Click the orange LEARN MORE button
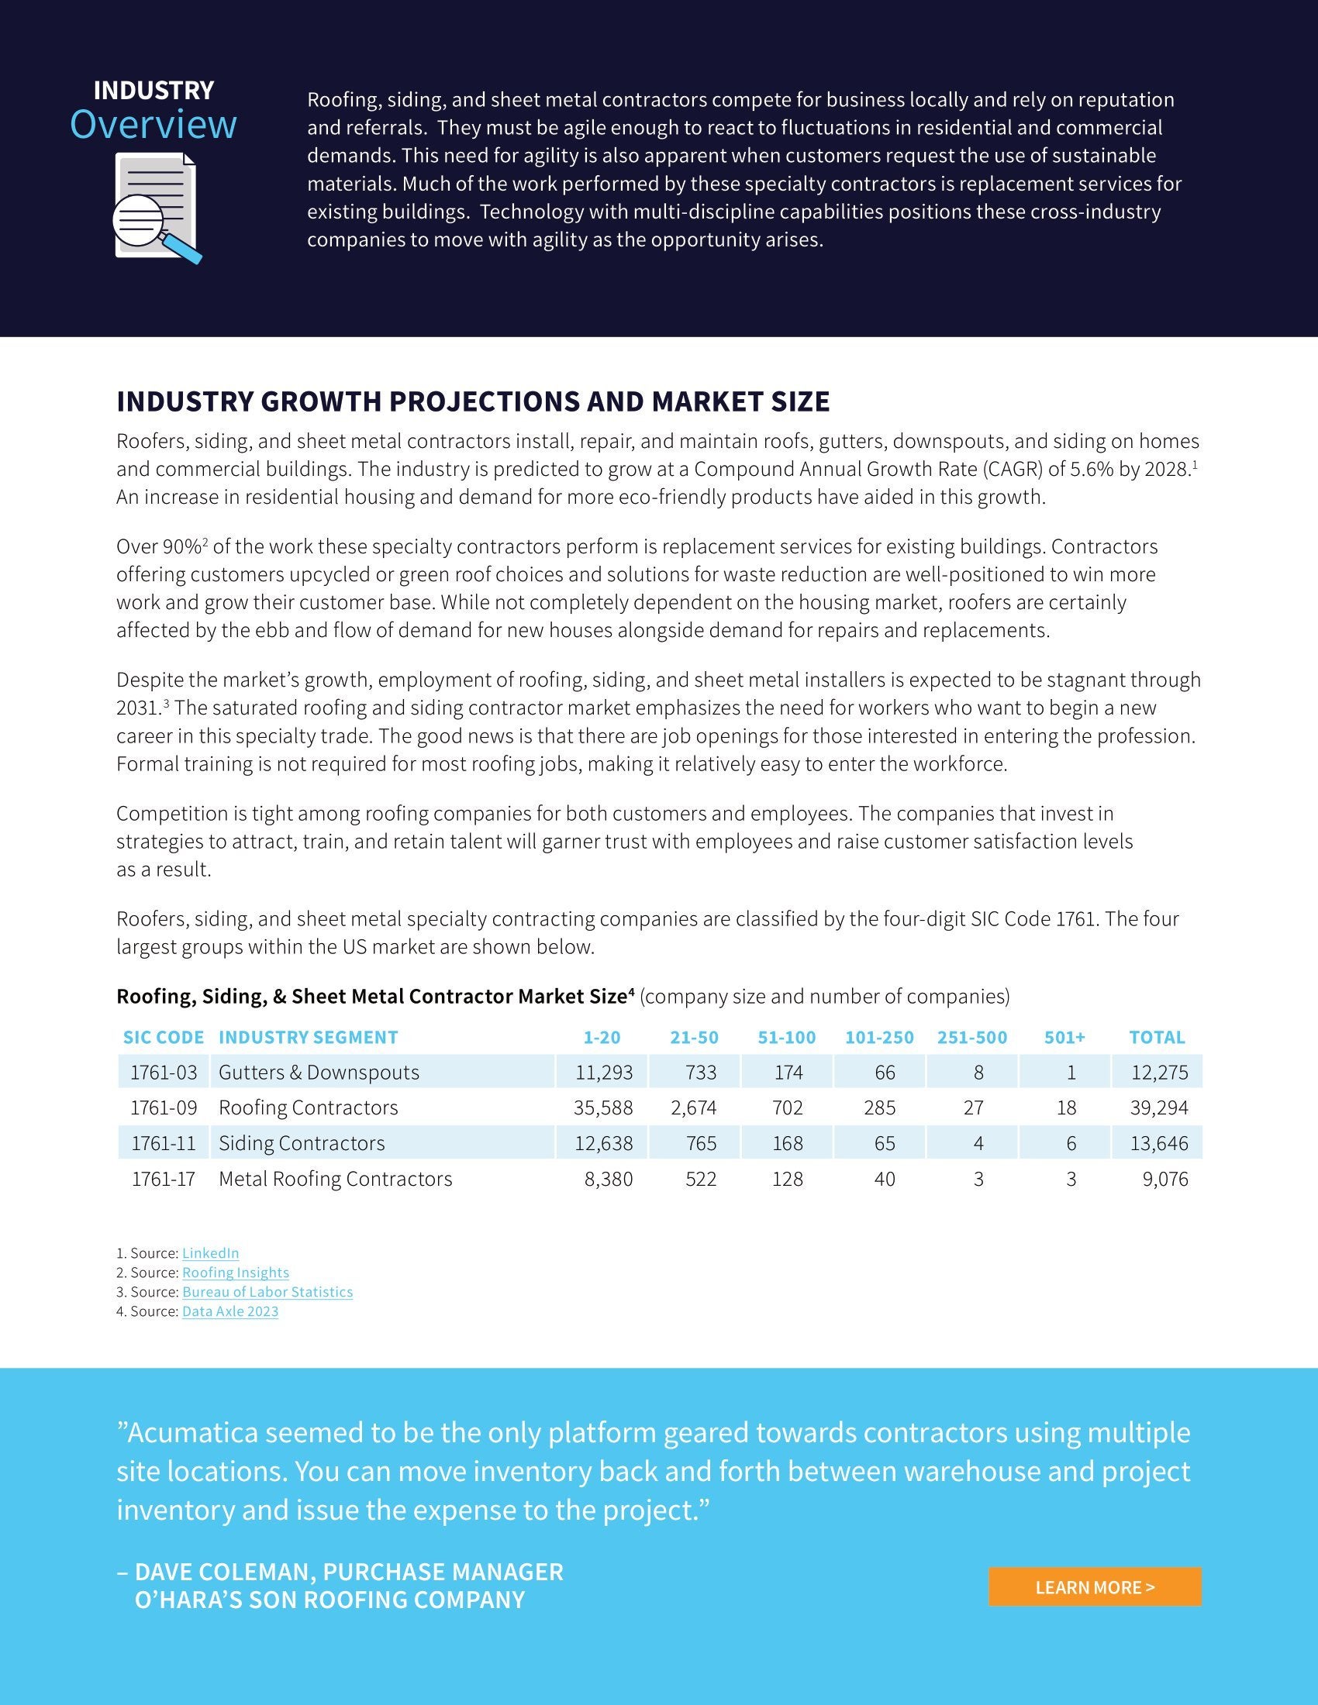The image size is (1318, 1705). pos(1094,1587)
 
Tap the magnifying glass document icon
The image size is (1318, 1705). pos(155,208)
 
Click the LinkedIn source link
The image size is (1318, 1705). pos(210,1253)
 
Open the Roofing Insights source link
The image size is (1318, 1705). pos(235,1273)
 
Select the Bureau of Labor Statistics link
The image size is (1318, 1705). pos(267,1292)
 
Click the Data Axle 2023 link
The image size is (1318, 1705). pos(229,1311)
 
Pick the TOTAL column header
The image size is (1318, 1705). pos(1157,1038)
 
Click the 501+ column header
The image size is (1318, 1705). pos(1064,1038)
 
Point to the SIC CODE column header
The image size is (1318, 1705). pos(163,1038)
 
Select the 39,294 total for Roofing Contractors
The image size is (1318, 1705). pos(1159,1107)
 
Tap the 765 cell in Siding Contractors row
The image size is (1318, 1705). pos(700,1144)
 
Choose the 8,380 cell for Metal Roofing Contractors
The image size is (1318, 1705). pos(609,1179)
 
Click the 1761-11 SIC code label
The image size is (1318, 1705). pos(163,1144)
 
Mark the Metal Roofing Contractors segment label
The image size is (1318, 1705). pos(335,1179)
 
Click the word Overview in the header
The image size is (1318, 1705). pos(153,125)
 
